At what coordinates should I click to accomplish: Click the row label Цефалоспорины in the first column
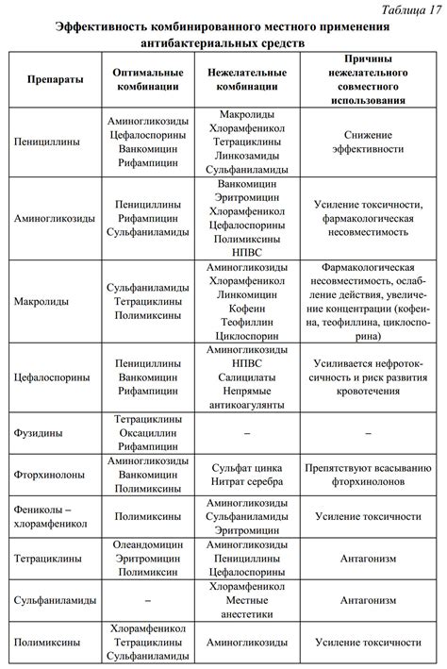53,376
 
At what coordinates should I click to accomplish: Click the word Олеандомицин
145,544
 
